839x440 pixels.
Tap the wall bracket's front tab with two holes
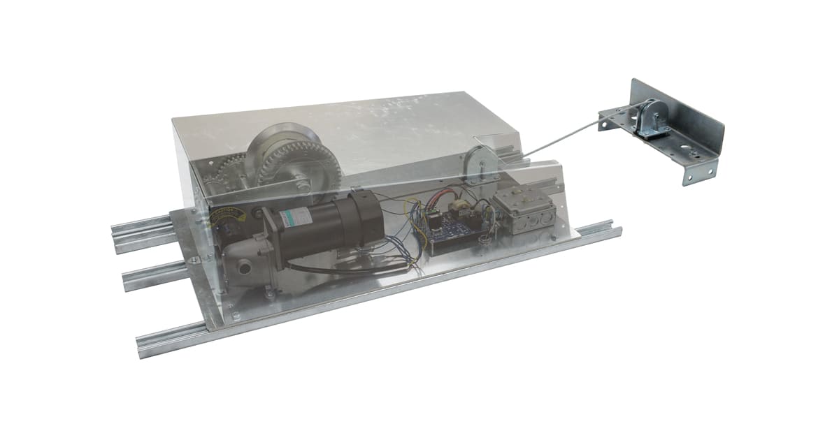pyautogui.click(x=699, y=171)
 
